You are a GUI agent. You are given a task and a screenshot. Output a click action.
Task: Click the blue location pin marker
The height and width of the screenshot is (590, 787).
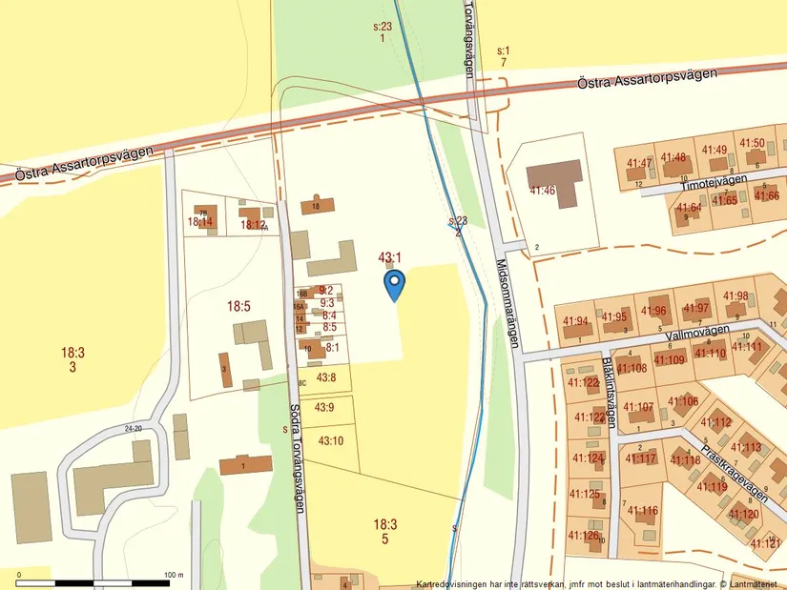394,284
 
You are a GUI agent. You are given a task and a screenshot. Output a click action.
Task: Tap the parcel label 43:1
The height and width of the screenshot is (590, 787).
390,257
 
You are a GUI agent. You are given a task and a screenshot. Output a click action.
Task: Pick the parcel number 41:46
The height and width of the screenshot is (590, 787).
542,191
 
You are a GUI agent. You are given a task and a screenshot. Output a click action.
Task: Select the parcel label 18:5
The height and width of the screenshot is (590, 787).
238,307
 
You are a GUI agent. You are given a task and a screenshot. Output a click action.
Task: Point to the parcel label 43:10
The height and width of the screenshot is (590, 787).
331,440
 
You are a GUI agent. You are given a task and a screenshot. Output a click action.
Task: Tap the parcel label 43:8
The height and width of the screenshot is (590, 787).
326,377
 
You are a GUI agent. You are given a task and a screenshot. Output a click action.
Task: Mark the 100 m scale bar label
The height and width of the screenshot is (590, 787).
173,575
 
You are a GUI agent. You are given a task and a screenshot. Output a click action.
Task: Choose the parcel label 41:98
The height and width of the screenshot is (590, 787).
735,296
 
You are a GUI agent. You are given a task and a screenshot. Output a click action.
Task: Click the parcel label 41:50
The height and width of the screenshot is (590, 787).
753,144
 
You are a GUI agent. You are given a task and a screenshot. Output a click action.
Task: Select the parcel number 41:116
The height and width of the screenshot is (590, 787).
645,511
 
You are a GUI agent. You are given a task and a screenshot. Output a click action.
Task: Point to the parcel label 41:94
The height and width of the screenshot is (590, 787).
574,320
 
